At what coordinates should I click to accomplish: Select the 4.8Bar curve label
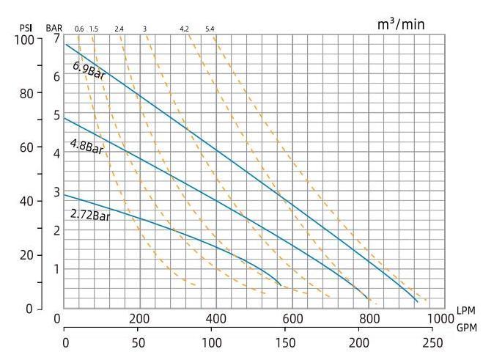pos(86,147)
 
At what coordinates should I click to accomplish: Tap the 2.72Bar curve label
pos(89,215)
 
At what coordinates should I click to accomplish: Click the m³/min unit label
pos(400,24)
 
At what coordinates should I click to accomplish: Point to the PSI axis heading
pos(26,29)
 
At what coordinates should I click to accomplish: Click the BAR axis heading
pos(54,29)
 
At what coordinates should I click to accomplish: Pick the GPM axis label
pos(465,328)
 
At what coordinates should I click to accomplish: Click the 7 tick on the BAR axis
pos(56,39)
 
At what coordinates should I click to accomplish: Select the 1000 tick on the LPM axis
pos(440,320)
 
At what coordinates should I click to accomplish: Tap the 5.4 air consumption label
pos(210,29)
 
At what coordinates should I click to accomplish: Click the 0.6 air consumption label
pos(78,29)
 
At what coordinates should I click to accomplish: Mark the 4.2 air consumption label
pos(184,29)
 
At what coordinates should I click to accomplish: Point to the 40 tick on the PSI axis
pos(26,201)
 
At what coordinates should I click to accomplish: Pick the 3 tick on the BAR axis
pos(56,192)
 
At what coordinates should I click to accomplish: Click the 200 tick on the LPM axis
pos(139,320)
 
